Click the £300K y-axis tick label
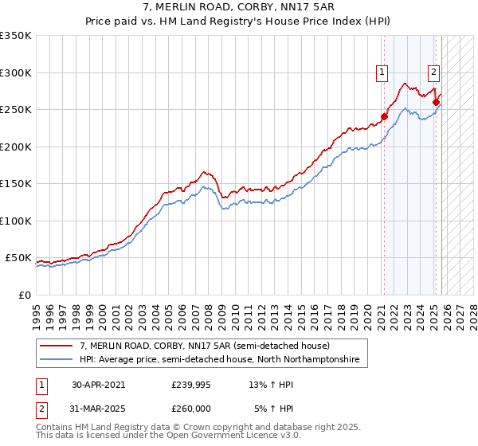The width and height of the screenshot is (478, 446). tap(16, 72)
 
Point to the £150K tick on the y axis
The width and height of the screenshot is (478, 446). tap(16, 184)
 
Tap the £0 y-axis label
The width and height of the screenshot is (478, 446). tap(23, 295)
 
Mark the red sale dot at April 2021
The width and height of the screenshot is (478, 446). tap(384, 116)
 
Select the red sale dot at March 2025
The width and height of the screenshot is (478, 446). tap(437, 102)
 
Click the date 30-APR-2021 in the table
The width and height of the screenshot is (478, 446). tap(98, 384)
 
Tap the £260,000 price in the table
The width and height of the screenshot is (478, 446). tap(190, 408)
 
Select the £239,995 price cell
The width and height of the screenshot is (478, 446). tap(190, 384)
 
